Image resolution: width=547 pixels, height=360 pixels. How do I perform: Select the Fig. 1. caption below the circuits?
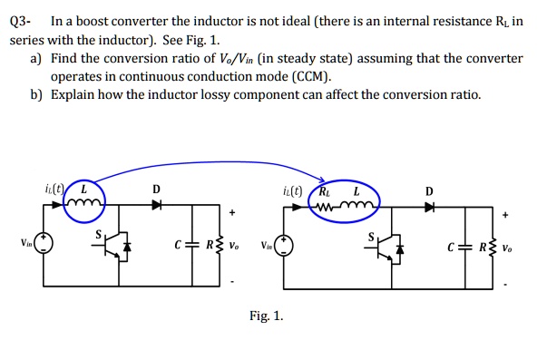(x=266, y=316)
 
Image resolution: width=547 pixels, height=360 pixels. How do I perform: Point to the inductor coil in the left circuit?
(x=89, y=204)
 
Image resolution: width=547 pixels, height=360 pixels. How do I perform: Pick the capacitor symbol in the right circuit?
(x=464, y=245)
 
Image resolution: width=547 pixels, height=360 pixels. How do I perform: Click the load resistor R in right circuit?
(x=491, y=245)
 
